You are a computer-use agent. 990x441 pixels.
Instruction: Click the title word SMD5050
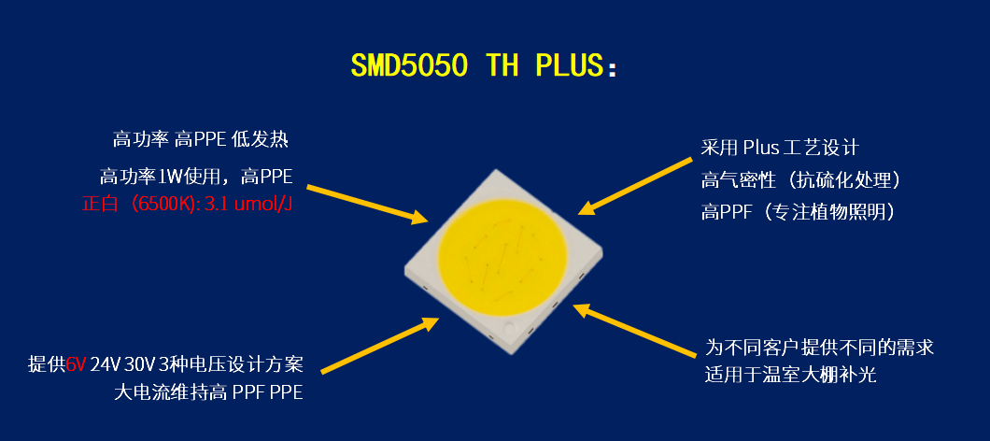pyautogui.click(x=409, y=65)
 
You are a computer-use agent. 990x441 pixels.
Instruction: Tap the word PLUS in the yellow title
pyautogui.click(x=570, y=65)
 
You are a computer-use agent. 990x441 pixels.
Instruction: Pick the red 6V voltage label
pyautogui.click(x=75, y=364)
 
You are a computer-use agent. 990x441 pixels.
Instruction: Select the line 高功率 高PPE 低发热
pyautogui.click(x=201, y=139)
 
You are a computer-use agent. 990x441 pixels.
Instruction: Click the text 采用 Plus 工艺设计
pyautogui.click(x=780, y=148)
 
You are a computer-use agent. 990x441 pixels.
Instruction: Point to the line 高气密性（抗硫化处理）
pyautogui.click(x=800, y=180)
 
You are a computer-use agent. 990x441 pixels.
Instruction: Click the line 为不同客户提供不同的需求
pyautogui.click(x=819, y=347)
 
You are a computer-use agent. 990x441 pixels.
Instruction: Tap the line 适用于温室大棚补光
pyautogui.click(x=790, y=375)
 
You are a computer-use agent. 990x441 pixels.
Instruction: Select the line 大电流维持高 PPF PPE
pyautogui.click(x=208, y=392)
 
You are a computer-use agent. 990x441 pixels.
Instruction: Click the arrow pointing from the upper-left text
pyautogui.click(x=367, y=204)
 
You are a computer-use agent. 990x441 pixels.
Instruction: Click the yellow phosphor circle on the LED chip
pyautogui.click(x=502, y=260)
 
